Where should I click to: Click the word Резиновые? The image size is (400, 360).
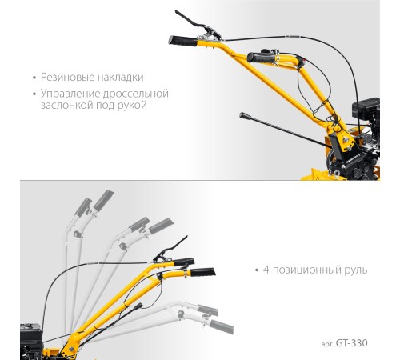point(67,77)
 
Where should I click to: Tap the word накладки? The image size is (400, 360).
point(121,77)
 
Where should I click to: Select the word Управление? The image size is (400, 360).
point(70,94)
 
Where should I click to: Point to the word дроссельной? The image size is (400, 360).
point(136,94)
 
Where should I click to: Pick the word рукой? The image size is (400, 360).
point(132,106)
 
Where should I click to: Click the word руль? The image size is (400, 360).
point(356,270)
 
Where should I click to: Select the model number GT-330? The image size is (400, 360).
point(351,343)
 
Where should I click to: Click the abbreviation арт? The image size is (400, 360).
point(327,344)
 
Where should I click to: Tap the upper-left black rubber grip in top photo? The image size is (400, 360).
point(183,41)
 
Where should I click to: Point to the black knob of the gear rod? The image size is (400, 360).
point(243,115)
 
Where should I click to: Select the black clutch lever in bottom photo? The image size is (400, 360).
point(170,250)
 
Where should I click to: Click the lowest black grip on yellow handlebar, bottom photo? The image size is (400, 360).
point(202,272)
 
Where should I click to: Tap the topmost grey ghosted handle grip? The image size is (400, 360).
point(104,199)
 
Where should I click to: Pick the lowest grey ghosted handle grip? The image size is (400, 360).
point(222,327)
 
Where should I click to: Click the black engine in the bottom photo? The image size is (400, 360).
point(31,339)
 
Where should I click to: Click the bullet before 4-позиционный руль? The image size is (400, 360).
point(257,270)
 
